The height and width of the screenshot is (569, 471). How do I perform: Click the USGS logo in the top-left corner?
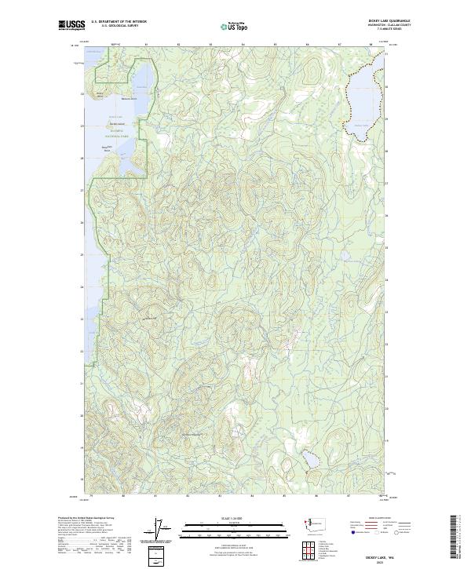[72, 25]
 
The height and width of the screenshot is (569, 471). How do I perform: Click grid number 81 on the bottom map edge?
[156, 497]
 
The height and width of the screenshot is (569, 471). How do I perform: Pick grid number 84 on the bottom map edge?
[252, 497]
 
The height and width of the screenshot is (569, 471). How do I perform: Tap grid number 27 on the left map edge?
[82, 190]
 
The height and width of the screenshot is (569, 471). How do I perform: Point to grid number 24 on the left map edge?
[82, 286]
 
